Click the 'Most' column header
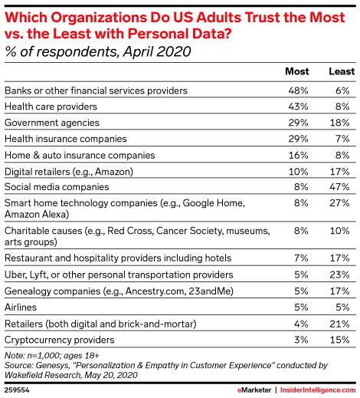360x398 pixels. (297, 71)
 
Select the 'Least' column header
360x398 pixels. (342, 71)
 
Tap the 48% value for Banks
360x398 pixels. (298, 90)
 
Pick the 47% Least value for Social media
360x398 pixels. (339, 187)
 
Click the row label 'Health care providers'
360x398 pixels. (51, 107)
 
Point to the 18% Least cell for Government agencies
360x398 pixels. (339, 123)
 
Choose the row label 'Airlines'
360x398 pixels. (21, 308)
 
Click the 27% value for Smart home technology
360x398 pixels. (339, 203)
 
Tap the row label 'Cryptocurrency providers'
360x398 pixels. (60, 340)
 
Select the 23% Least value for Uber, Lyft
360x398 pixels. (339, 275)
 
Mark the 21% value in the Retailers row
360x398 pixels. (339, 324)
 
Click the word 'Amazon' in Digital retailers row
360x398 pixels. (113, 172)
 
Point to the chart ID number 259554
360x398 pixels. (17, 390)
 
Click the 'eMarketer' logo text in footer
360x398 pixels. (254, 390)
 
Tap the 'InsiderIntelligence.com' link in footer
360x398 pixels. (318, 390)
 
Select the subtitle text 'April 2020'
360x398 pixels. (157, 51)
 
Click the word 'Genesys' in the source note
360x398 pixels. (52, 366)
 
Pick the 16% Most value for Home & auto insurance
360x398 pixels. (298, 156)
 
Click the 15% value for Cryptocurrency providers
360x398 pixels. (339, 340)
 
